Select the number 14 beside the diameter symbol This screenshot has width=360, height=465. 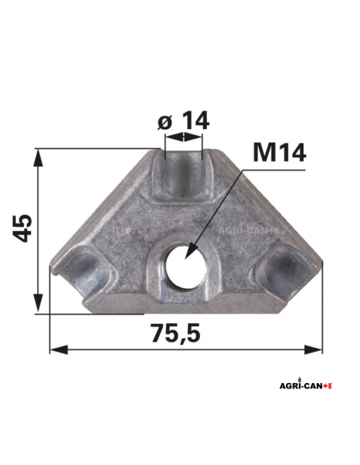pyautogui.click(x=194, y=120)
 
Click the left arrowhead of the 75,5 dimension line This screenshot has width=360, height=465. pyautogui.click(x=54, y=349)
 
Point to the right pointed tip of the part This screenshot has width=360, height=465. pyautogui.click(x=322, y=259)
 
